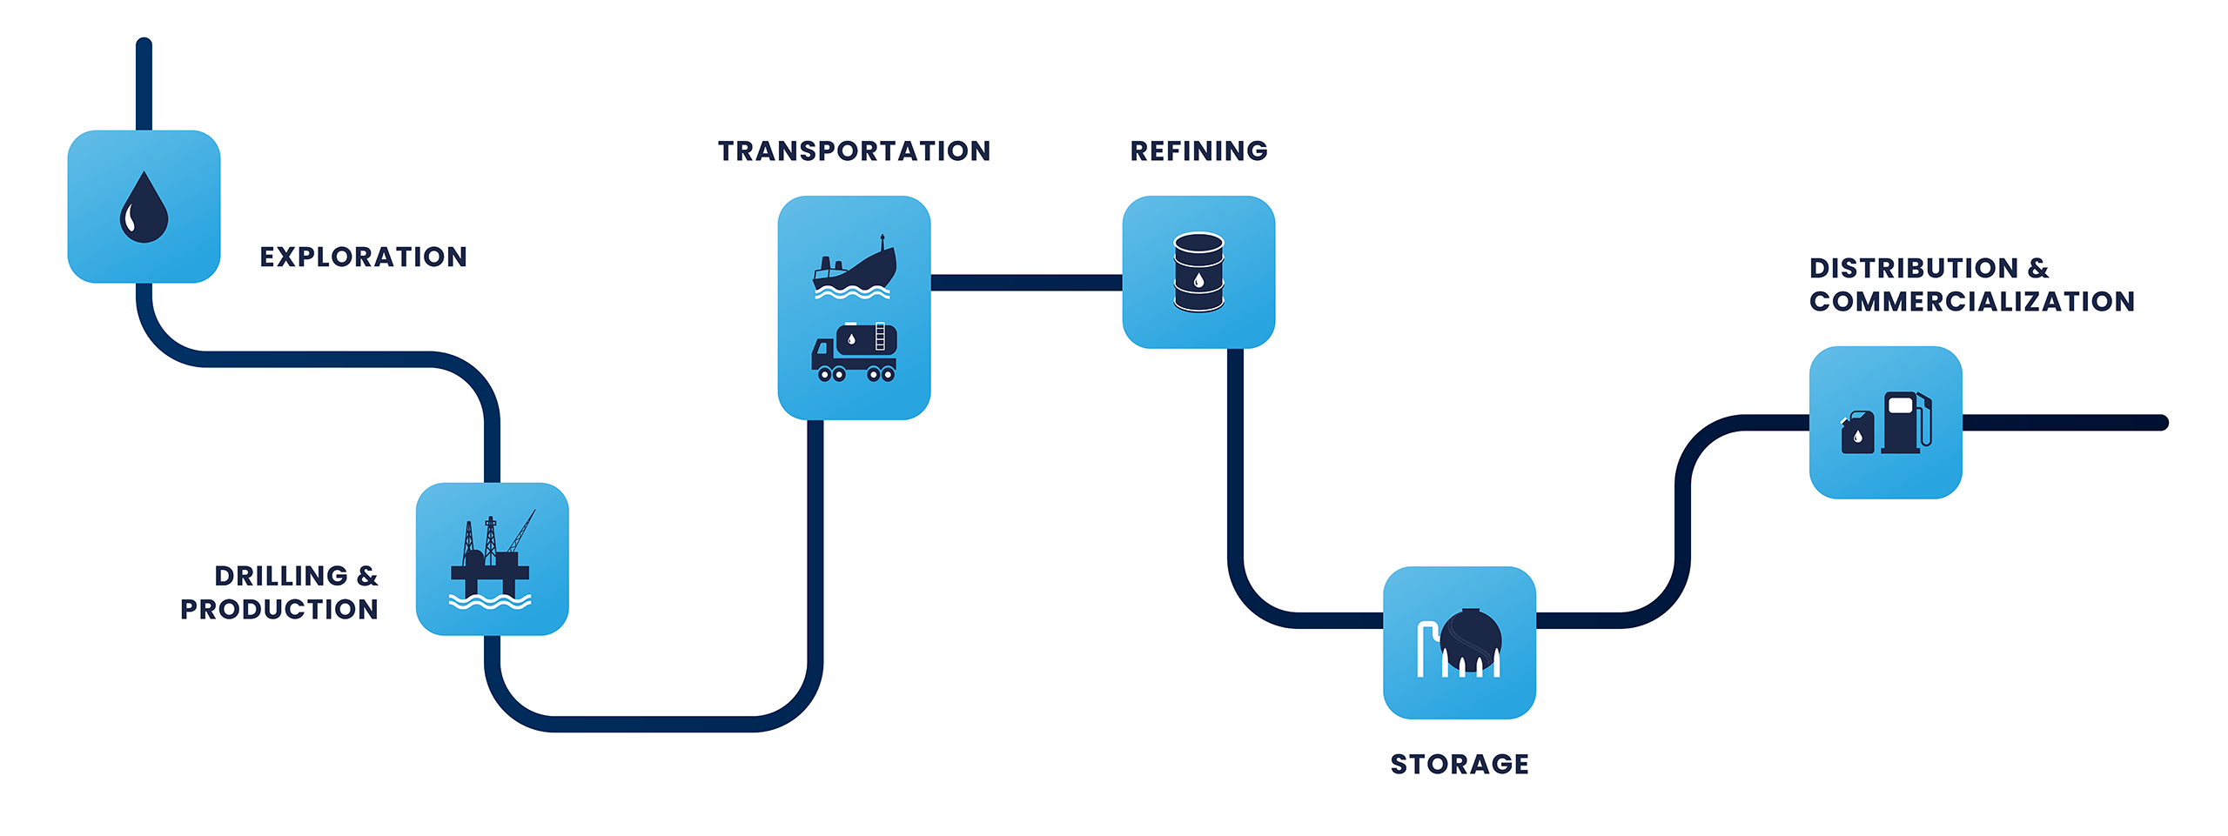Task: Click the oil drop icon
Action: (144, 208)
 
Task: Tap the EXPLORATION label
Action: (363, 257)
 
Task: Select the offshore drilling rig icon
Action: (492, 559)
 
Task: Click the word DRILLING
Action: (281, 576)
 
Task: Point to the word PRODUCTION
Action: (278, 610)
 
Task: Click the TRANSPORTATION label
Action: (854, 151)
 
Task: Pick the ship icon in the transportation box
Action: (854, 267)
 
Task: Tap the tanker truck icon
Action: (854, 352)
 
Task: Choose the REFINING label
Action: (1198, 151)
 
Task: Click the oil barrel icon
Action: (1198, 272)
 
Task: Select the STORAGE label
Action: (1460, 765)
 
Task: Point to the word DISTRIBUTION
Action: (1913, 268)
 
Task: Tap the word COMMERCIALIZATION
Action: (1971, 302)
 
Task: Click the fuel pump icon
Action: (1907, 423)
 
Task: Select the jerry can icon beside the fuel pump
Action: (1857, 432)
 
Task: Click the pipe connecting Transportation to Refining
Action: (1026, 283)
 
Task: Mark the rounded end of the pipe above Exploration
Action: (144, 45)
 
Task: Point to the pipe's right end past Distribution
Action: (2160, 423)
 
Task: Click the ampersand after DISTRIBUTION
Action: (2038, 268)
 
